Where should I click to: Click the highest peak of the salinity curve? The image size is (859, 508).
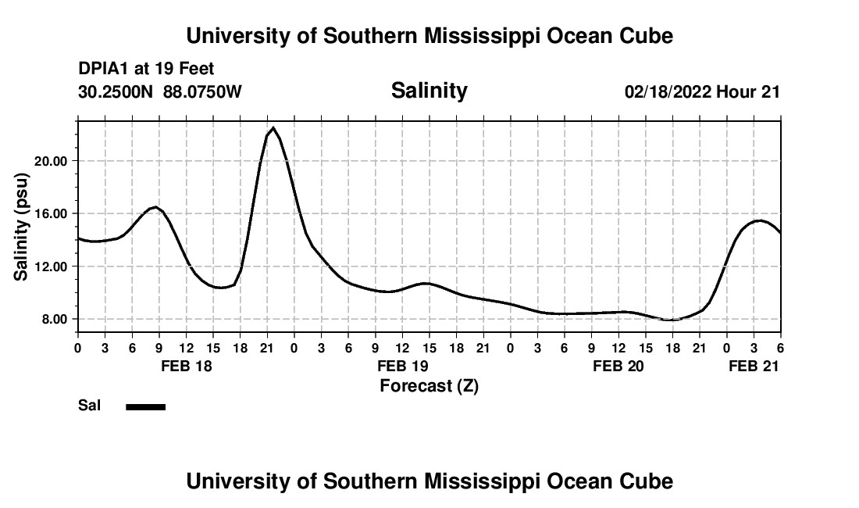(273, 127)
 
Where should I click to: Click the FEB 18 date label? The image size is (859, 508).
(186, 366)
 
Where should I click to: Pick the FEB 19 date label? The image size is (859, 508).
(402, 366)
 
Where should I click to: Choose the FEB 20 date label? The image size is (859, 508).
(618, 366)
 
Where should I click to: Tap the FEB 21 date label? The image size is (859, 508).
(753, 366)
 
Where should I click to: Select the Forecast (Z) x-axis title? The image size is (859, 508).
(429, 385)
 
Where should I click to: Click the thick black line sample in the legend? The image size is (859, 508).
(145, 406)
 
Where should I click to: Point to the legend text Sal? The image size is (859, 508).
(89, 406)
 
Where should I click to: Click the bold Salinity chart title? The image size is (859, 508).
(429, 91)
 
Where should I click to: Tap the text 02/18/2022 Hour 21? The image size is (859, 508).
(702, 92)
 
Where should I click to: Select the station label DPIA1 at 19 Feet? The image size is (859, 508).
(146, 70)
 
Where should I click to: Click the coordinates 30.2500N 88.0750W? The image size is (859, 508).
(160, 92)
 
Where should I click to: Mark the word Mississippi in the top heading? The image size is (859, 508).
(480, 36)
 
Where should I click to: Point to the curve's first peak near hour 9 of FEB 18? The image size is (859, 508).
(156, 207)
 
